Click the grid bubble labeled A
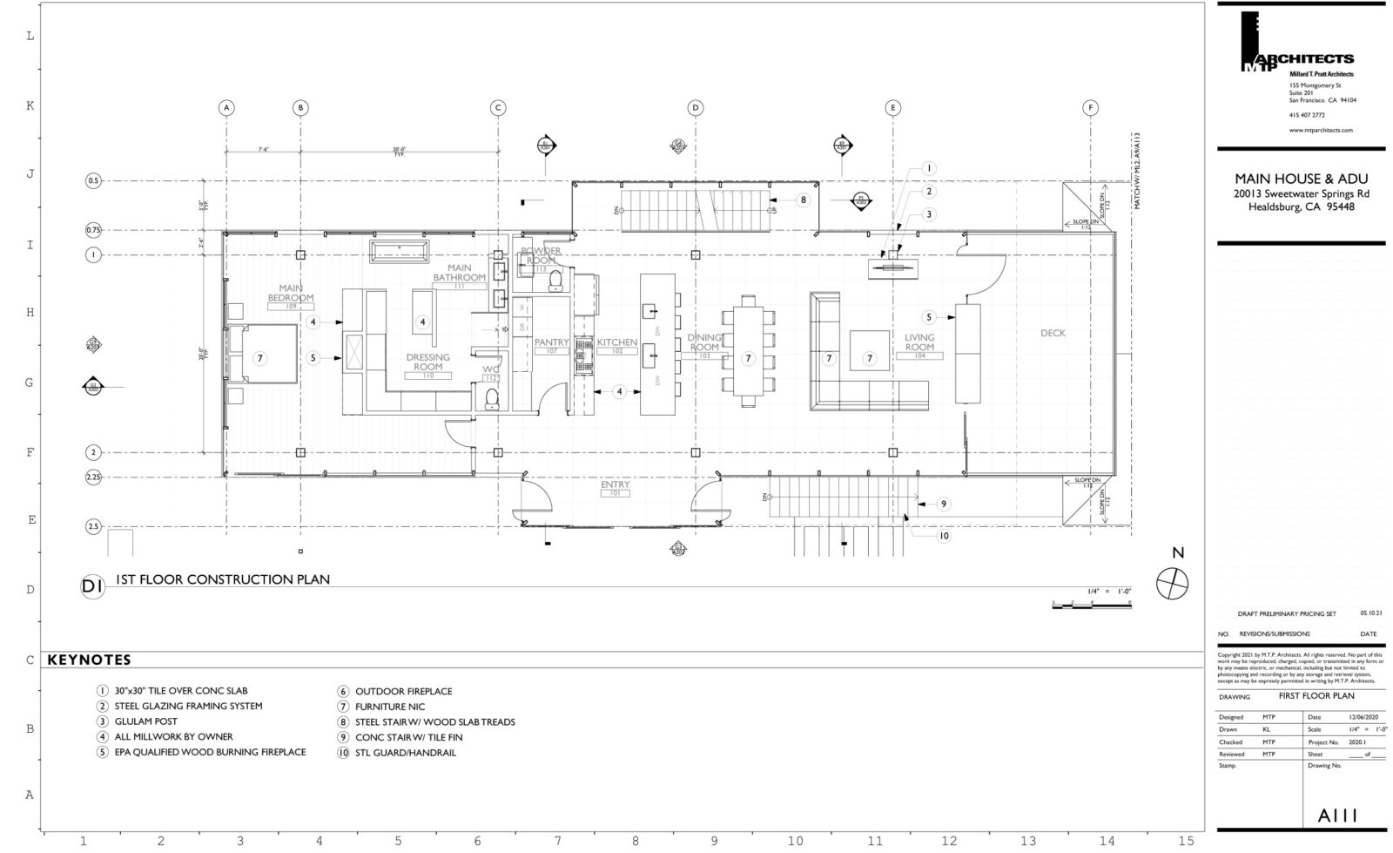tap(226, 108)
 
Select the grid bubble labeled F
tap(1090, 108)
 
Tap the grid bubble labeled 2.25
tap(93, 477)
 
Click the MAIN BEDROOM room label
tap(290, 293)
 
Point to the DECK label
tap(1052, 333)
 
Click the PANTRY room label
tap(550, 342)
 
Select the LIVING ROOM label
tap(919, 342)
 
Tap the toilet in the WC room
tap(491, 398)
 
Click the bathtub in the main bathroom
tap(400, 251)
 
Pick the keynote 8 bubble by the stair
tap(803, 200)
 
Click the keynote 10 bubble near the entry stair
tap(943, 536)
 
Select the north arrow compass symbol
tap(1172, 582)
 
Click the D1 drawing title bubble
tap(92, 586)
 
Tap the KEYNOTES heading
tap(88, 660)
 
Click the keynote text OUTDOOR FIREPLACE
tap(403, 691)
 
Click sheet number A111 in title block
tap(1338, 816)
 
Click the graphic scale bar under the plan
tap(1091, 605)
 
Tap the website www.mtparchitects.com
tap(1320, 130)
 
